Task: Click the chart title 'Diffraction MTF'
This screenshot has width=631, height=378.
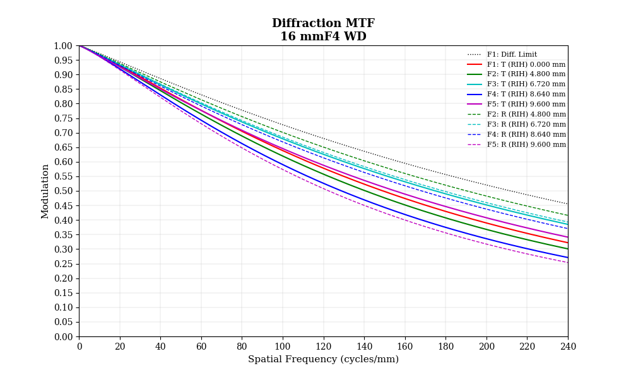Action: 323,23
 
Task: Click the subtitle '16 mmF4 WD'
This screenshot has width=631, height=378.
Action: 323,37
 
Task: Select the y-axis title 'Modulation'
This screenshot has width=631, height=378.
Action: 45,191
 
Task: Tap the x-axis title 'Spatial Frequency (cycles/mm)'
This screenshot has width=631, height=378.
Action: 323,359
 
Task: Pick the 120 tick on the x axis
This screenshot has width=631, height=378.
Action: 323,346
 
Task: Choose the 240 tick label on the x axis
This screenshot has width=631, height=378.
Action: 568,346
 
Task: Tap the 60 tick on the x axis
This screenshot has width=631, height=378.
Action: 201,346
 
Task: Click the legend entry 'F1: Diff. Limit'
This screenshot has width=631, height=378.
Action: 512,55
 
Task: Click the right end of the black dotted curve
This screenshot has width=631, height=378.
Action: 567,203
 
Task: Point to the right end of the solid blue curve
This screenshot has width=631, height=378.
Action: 567,257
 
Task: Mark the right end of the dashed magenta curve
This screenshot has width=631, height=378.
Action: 567,262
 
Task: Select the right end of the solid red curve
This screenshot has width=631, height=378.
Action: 567,243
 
